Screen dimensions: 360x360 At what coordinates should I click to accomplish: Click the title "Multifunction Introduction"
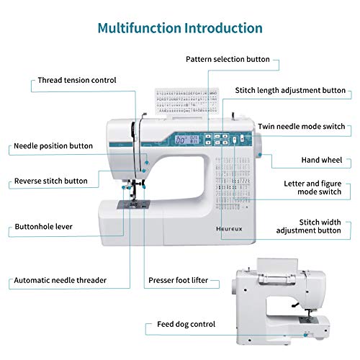coord(180,29)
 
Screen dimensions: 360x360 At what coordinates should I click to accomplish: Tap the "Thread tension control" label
coord(76,81)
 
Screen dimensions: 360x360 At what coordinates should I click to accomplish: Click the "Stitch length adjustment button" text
coord(290,91)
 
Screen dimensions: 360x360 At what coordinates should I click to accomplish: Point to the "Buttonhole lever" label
coord(43,226)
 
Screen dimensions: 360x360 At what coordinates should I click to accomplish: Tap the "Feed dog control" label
coord(186,325)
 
